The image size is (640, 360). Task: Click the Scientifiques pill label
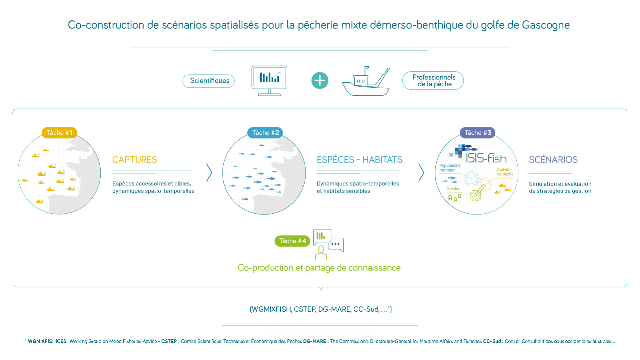pos(209,81)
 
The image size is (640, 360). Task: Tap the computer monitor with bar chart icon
pos(269,81)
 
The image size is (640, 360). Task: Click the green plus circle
pos(320,81)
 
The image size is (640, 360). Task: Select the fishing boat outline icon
pos(366,81)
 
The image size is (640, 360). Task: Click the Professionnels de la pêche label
pos(433,81)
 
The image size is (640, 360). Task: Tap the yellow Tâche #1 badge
pos(59,133)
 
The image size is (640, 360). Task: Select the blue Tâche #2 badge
pos(265,133)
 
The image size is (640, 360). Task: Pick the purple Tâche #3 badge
pos(477,133)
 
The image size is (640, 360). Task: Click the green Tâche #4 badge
pos(292,241)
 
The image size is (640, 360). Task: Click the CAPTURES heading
pos(135,160)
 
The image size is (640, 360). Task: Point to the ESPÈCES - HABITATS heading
pos(359,160)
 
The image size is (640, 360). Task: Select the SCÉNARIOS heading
pos(553,160)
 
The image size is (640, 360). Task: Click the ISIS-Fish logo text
pos(486,158)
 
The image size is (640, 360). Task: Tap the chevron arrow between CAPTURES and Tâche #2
pos(209,173)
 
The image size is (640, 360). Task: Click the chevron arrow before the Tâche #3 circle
pos(421,173)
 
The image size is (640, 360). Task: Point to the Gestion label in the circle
pos(453,189)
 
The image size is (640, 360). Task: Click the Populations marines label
pos(450,168)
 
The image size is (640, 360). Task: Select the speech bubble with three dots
pos(336,245)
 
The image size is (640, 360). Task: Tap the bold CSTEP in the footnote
pos(169,341)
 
